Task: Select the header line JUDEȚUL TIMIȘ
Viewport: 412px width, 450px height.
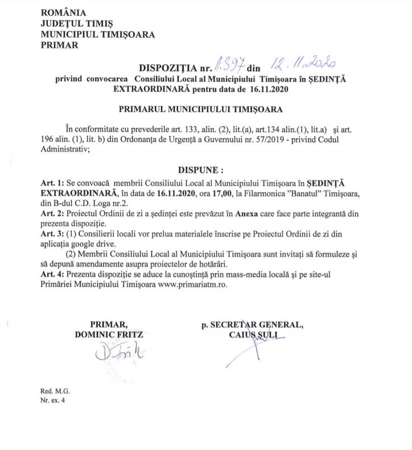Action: click(77, 24)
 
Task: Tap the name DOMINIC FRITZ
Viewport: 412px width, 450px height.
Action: click(108, 335)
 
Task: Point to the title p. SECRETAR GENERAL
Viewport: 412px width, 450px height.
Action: click(252, 325)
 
